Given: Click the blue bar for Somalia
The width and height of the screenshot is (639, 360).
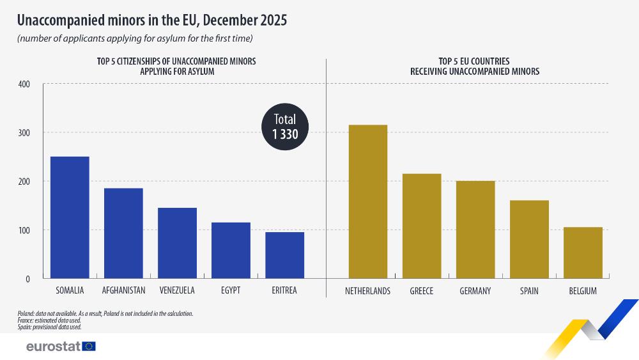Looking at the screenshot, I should coord(70,217).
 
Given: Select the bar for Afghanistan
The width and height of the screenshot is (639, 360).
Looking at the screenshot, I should coord(123,233).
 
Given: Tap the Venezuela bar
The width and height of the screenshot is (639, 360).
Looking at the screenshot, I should coord(177,243).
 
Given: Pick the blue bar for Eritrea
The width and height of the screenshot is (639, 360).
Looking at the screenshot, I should coord(284,255).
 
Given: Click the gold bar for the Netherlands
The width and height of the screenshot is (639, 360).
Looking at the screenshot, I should coord(367,201).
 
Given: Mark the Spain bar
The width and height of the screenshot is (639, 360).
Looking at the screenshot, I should coord(529,239).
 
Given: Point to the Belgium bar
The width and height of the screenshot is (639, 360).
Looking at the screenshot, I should coord(583,253).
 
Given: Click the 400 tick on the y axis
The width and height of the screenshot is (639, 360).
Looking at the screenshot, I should coord(24,84).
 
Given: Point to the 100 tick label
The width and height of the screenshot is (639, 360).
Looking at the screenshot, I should coord(24,230).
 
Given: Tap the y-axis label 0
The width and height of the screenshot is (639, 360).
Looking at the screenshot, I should coord(28,279).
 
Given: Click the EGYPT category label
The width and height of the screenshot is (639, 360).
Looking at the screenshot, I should coord(231,291).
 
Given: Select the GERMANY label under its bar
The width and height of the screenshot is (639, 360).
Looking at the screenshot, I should coord(475,291).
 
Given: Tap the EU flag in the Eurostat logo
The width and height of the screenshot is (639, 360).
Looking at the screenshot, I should coord(89,347).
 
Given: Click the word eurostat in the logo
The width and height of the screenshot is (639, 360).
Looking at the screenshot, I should coord(53,347).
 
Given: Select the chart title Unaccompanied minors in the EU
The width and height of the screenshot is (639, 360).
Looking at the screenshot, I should coord(151,20).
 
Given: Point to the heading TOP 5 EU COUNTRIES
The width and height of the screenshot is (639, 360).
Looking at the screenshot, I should coord(474,61).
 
